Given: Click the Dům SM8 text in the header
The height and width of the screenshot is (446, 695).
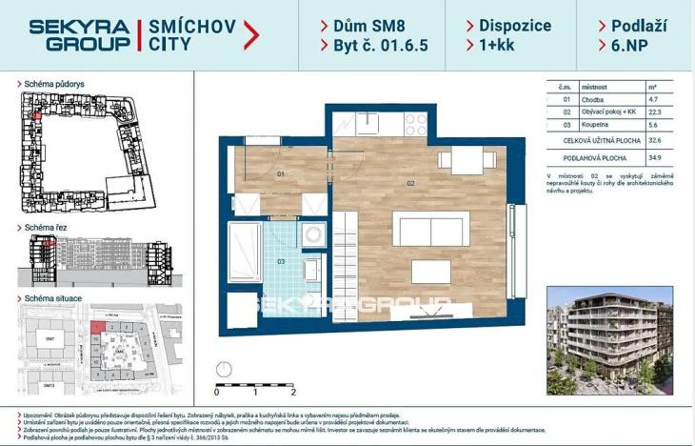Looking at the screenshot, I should coord(365,25).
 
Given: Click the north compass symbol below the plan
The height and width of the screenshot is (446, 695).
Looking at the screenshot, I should coord(226,368).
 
